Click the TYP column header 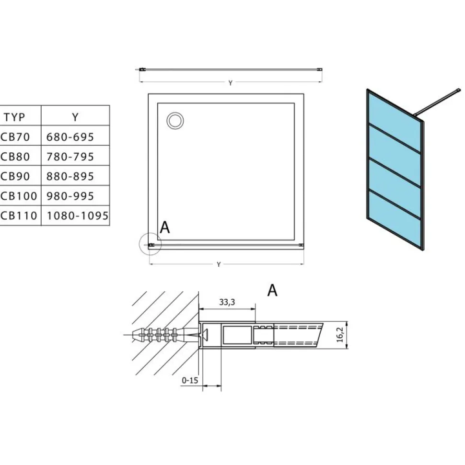[x=14, y=117]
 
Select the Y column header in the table [x=75, y=117]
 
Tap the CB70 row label [x=15, y=137]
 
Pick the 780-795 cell [x=70, y=157]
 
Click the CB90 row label [x=15, y=176]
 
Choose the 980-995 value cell [x=70, y=196]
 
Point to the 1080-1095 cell [x=78, y=215]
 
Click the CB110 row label [x=19, y=215]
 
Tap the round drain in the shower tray [x=175, y=121]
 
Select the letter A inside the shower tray [x=165, y=227]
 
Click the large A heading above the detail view [x=272, y=290]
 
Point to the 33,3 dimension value [x=227, y=302]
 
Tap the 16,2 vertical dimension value [x=340, y=335]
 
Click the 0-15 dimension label [x=190, y=380]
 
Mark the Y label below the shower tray [x=219, y=264]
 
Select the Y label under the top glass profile [x=231, y=83]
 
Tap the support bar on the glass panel [x=437, y=102]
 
